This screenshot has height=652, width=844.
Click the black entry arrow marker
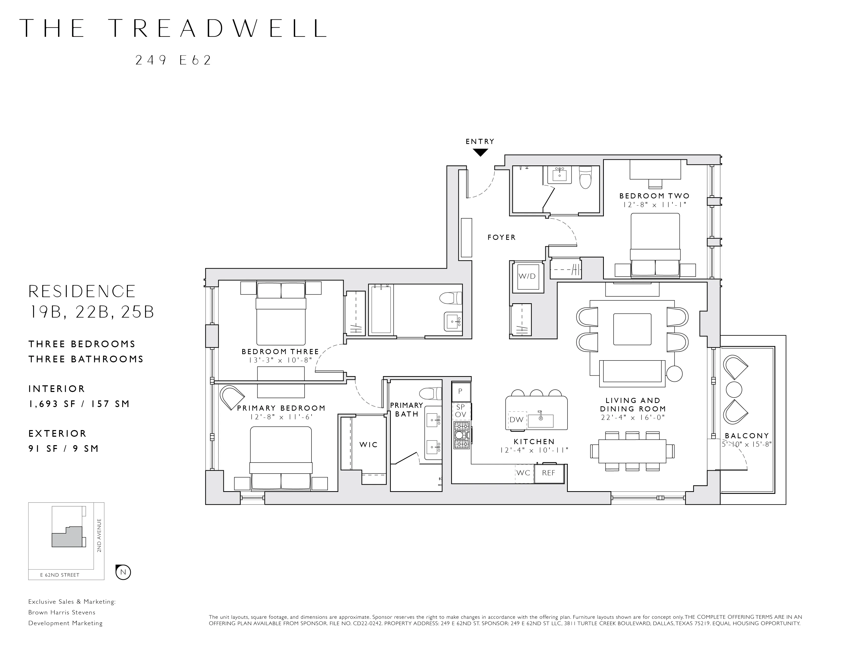(480, 153)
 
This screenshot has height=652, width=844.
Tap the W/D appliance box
(527, 277)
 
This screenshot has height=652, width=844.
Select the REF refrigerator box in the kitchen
(549, 473)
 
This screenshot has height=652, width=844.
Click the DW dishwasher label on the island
(516, 420)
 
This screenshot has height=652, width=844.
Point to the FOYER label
(502, 238)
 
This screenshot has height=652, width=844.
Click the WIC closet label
(368, 445)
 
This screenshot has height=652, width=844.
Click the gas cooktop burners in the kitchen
(462, 435)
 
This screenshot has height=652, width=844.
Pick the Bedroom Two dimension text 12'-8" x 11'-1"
(654, 205)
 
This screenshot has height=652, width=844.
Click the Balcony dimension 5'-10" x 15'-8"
(747, 445)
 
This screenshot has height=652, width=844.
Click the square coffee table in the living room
(632, 329)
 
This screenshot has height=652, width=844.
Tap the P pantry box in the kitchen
(460, 391)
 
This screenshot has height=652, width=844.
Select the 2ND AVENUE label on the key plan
(99, 535)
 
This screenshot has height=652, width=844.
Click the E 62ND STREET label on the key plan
(60, 575)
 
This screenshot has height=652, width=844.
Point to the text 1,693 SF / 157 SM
(79, 404)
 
